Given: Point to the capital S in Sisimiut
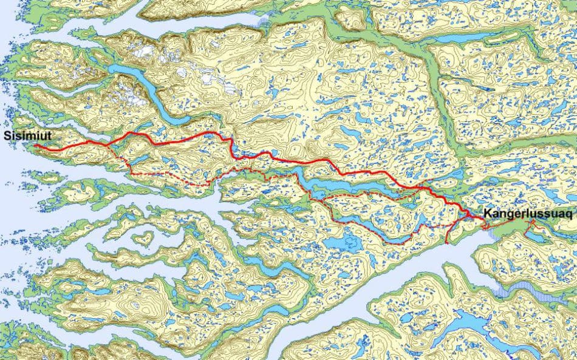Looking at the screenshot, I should click(6, 135).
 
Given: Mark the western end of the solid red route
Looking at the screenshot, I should click(35, 146).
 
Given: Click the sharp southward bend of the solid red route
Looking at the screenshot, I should click(231, 143).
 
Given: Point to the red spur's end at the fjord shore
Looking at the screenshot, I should click(446, 242).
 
